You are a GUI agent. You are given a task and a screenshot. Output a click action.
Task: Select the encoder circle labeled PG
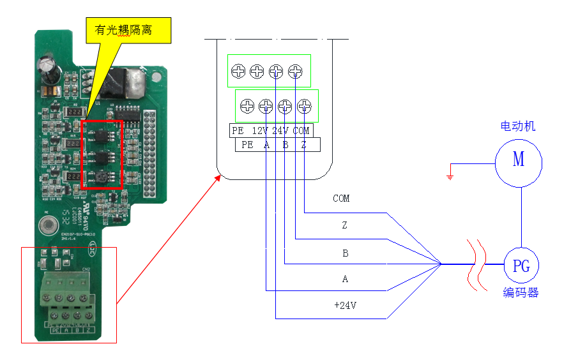click(521, 266)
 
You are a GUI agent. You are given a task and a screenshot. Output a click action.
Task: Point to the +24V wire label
click(345, 306)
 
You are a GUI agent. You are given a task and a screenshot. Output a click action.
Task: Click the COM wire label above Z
click(341, 199)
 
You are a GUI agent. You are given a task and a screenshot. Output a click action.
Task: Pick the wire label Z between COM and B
click(345, 225)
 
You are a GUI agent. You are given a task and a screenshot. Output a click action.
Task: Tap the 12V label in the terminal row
click(259, 131)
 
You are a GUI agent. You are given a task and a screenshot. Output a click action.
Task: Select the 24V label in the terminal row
click(280, 131)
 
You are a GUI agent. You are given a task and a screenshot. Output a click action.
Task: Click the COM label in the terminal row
click(301, 131)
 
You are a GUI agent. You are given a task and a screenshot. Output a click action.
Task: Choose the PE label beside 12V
click(238, 131)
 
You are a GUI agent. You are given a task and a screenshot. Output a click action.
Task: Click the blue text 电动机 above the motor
click(517, 126)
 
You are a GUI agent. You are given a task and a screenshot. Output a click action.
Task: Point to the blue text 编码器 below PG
click(521, 293)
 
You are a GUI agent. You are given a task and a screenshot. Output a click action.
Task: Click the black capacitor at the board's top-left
click(47, 68)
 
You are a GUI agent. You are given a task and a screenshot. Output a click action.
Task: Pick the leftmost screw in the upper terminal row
click(238, 71)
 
